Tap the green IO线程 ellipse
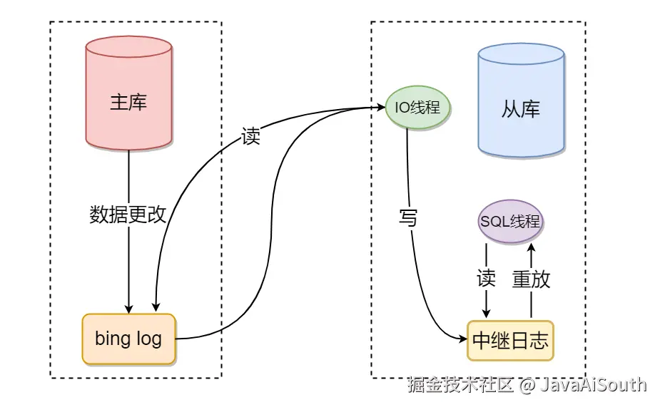tap(417, 108)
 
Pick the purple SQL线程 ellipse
tap(510, 221)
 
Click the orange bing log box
tap(128, 339)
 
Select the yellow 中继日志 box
tap(510, 341)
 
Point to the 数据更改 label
tap(128, 215)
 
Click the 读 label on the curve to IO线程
tap(250, 137)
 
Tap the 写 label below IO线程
tap(407, 218)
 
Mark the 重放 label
tap(531, 279)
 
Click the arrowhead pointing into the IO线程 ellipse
tap(381, 108)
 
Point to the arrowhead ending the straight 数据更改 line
tap(128, 309)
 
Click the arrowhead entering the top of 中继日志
tap(486, 315)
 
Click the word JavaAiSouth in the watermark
tap(592, 385)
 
